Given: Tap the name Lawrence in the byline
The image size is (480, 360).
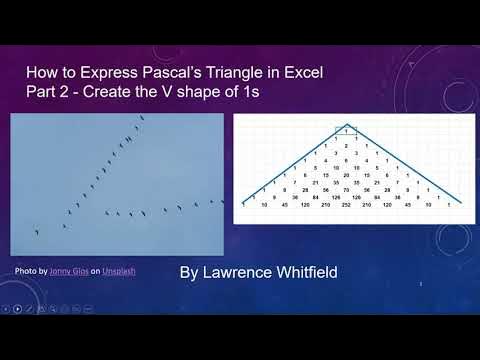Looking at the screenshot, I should (x=239, y=272).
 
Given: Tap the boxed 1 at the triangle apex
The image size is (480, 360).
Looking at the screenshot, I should (x=347, y=130).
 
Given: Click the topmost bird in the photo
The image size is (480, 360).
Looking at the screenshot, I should (x=141, y=119).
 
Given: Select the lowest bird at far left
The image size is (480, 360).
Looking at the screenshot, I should (x=37, y=233).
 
